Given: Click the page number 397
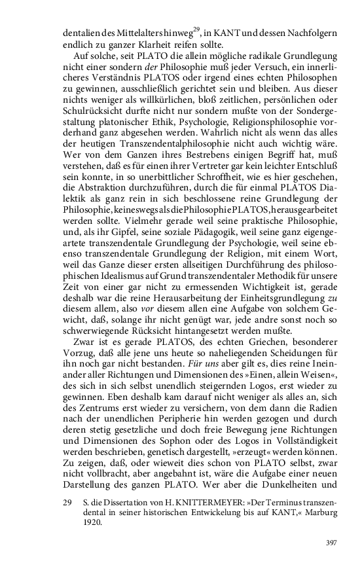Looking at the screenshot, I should coord(331,542).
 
